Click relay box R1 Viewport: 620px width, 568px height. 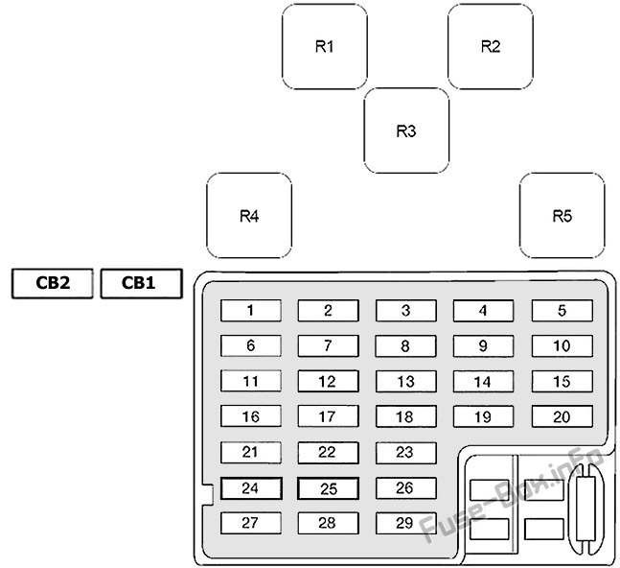(x=325, y=46)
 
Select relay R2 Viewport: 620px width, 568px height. (x=491, y=46)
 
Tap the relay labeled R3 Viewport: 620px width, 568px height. (x=406, y=130)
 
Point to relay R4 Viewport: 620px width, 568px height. (x=249, y=216)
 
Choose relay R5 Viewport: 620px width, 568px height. (x=562, y=216)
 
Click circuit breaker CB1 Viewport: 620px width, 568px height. (x=141, y=283)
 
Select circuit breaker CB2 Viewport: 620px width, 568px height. (x=53, y=283)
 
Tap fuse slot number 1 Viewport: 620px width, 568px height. (x=251, y=310)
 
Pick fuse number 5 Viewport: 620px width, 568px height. (x=562, y=310)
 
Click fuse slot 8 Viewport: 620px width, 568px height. (x=406, y=346)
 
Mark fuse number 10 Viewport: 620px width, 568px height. (x=562, y=346)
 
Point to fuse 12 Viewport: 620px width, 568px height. (x=328, y=381)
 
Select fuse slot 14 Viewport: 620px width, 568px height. (x=483, y=381)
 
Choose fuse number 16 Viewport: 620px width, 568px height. (x=251, y=416)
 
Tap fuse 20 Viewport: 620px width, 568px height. (x=562, y=416)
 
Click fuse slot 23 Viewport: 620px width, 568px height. (x=406, y=453)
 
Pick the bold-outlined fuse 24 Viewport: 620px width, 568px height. (x=251, y=488)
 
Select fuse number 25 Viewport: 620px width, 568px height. (x=328, y=488)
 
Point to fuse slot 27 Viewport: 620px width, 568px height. (x=251, y=523)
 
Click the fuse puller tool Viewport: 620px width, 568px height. (x=586, y=509)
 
